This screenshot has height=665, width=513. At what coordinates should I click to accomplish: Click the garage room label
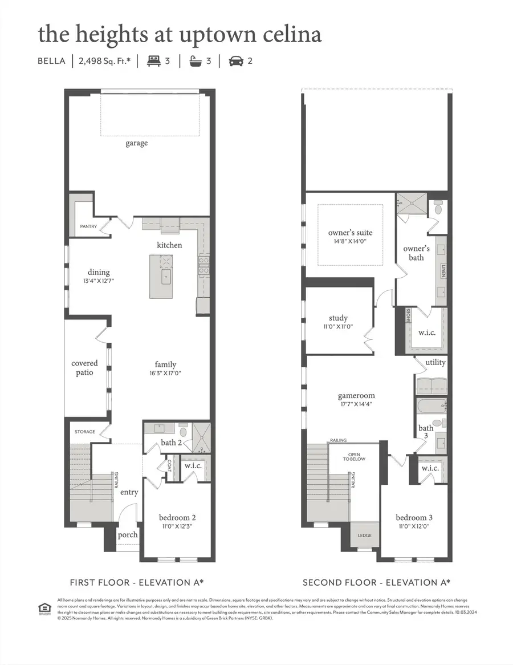(x=136, y=143)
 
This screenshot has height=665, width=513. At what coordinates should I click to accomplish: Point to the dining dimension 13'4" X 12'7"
(x=99, y=281)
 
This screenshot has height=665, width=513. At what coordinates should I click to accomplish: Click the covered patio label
(x=84, y=367)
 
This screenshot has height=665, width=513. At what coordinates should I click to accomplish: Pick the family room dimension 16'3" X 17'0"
(x=165, y=373)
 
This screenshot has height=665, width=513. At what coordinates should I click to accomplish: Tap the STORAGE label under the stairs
(x=84, y=432)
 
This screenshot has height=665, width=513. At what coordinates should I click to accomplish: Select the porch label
(x=128, y=534)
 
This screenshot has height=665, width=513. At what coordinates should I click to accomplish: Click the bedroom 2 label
(x=177, y=517)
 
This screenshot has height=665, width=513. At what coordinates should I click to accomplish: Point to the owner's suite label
(x=350, y=233)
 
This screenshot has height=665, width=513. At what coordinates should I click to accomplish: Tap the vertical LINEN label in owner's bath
(x=443, y=271)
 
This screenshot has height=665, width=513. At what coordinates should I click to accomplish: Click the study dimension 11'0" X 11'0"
(x=338, y=327)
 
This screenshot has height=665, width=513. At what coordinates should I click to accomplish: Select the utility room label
(x=435, y=363)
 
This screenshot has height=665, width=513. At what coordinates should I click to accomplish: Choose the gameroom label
(x=356, y=395)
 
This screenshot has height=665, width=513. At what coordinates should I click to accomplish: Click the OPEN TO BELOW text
(x=354, y=457)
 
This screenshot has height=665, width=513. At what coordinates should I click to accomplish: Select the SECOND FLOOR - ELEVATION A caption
(x=376, y=582)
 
